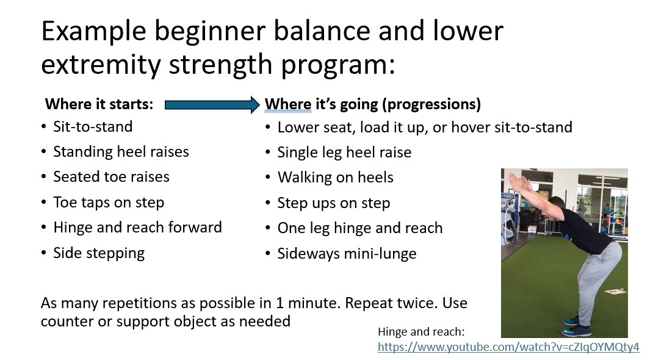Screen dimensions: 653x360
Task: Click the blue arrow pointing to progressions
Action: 212,105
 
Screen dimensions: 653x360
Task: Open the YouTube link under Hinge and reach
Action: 508,347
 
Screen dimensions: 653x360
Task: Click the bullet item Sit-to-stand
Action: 93,126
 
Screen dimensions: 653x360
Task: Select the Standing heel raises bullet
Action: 121,152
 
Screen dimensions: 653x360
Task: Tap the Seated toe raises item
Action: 111,177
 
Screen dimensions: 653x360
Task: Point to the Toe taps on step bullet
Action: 109,202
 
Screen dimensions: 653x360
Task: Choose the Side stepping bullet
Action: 99,253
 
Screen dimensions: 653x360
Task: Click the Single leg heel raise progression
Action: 344,153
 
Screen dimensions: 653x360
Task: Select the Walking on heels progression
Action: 335,178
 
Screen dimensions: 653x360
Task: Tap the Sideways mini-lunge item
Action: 347,253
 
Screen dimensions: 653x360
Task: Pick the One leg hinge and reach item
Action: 360,228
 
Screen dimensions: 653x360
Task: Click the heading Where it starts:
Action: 99,104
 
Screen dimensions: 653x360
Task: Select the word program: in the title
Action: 337,65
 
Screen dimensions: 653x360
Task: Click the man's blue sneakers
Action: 575,326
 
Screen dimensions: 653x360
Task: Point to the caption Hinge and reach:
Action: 421,332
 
